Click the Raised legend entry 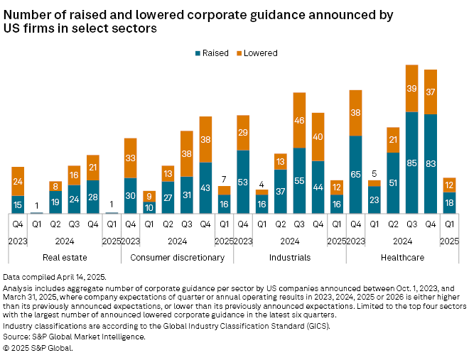pyautogui.click(x=210, y=53)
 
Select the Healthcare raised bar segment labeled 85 pyautogui.click(x=411, y=163)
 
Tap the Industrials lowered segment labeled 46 pyautogui.click(x=299, y=120)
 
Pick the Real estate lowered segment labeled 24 pyautogui.click(x=18, y=182)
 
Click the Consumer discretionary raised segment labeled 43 pyautogui.click(x=205, y=187)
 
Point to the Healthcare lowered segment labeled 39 pyautogui.click(x=411, y=88)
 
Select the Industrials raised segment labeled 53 pyautogui.click(x=243, y=182)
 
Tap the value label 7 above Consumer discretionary pyautogui.click(x=224, y=179)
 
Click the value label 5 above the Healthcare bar pyautogui.click(x=374, y=173)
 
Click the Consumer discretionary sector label pyautogui.click(x=178, y=256)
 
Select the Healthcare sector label pyautogui.click(x=402, y=256)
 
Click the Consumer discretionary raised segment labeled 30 pyautogui.click(x=131, y=196)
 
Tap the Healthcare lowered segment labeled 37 pyautogui.click(x=430, y=92)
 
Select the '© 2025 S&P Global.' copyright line pyautogui.click(x=38, y=348)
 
